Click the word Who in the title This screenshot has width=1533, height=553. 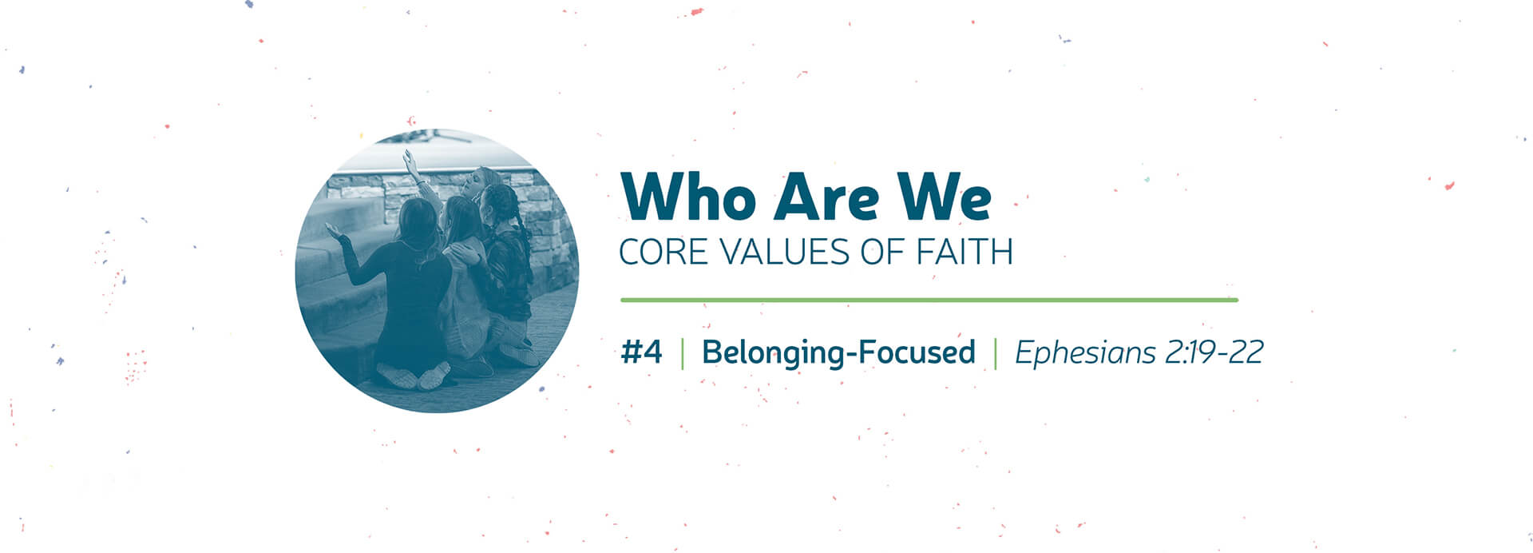[687, 196]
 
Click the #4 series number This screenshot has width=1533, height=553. [642, 352]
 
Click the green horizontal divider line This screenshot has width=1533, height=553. [929, 300]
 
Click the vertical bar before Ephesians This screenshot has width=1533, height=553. [996, 353]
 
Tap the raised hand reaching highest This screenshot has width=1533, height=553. [410, 160]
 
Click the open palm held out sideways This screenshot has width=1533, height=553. [334, 232]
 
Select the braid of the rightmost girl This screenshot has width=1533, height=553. [519, 228]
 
